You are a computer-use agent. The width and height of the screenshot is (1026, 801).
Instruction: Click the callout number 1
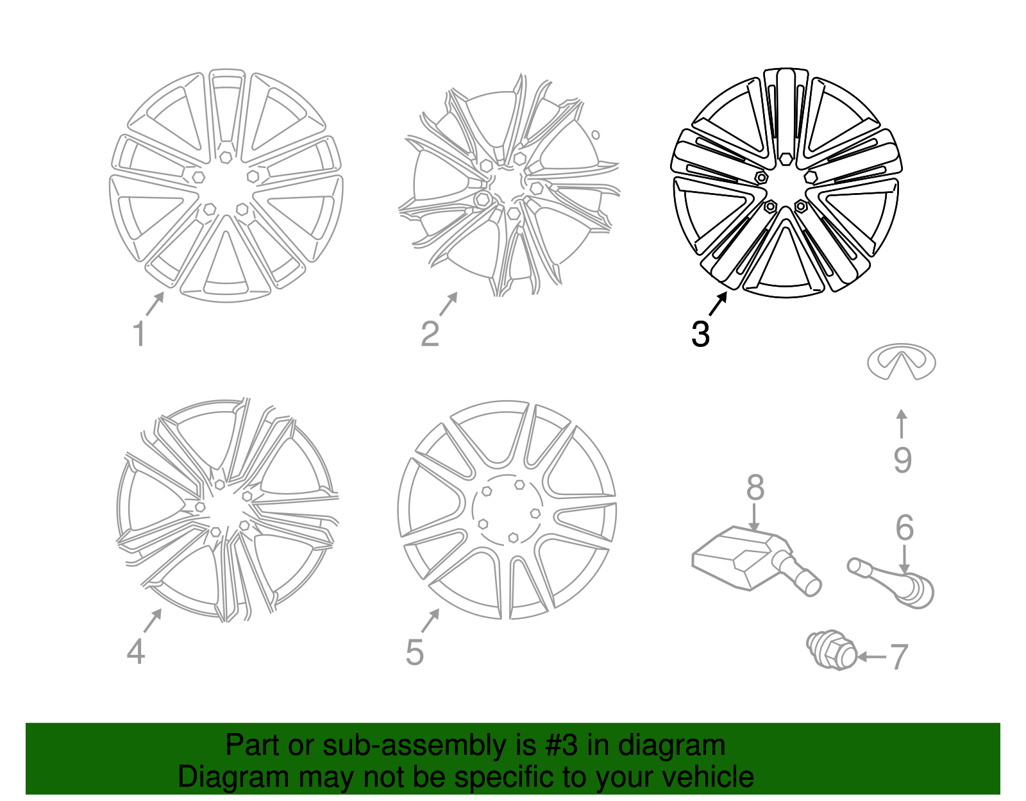(139, 333)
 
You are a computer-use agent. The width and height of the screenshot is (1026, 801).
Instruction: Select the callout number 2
(430, 333)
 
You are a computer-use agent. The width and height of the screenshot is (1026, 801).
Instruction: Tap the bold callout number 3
(700, 334)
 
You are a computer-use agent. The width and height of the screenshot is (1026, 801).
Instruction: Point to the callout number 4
(135, 652)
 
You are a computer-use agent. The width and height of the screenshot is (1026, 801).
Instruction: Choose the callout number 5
(414, 652)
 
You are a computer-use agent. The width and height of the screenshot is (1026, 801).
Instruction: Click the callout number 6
(905, 528)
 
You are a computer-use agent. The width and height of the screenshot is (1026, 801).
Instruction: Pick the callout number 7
(899, 657)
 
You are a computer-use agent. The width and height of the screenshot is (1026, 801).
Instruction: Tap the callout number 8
(755, 487)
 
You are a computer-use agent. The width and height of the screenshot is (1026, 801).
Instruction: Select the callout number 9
(902, 460)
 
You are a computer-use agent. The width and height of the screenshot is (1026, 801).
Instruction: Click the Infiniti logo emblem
(902, 361)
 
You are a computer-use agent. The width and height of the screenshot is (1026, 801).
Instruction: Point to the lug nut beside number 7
(832, 650)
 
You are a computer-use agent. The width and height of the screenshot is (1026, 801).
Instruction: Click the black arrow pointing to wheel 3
(718, 303)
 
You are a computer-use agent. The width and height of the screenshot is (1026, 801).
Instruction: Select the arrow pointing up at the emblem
(902, 423)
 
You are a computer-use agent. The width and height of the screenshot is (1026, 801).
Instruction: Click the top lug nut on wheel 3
(786, 158)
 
